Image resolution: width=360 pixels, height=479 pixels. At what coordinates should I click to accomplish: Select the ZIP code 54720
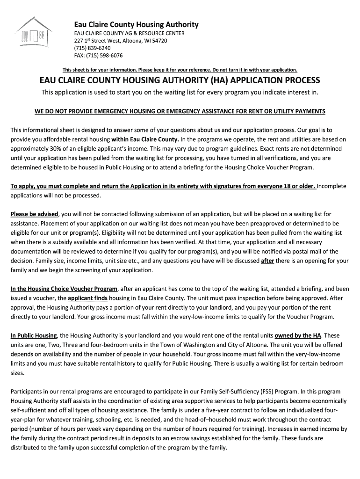tap(158, 41)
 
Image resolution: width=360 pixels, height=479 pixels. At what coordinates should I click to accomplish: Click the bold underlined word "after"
tap(267, 261)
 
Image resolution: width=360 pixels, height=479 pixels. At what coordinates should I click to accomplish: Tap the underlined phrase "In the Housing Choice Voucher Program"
tap(64, 289)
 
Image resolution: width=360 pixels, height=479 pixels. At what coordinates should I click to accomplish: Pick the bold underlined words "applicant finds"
tap(87, 298)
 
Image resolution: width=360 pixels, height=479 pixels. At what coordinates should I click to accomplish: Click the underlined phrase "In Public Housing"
tap(34, 335)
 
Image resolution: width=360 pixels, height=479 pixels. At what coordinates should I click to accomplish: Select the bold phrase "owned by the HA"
tap(299, 335)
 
